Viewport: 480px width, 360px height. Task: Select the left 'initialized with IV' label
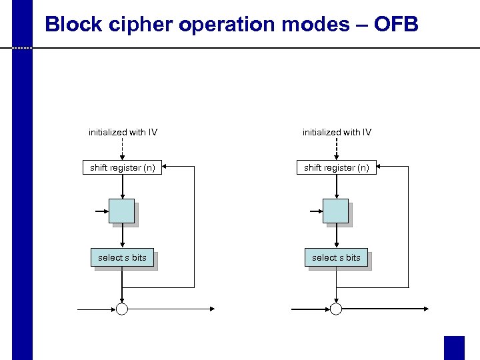(x=123, y=132)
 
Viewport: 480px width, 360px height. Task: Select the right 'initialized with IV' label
(x=337, y=132)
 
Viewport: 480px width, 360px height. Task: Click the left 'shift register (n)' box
(x=123, y=168)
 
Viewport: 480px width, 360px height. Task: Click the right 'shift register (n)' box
(x=337, y=168)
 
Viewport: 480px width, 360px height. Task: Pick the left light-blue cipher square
(x=121, y=211)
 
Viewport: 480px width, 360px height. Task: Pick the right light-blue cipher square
(x=335, y=211)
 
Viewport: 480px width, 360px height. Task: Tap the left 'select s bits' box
(x=121, y=257)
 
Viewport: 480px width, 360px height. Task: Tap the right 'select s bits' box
(x=336, y=257)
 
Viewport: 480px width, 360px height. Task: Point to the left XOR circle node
(x=122, y=309)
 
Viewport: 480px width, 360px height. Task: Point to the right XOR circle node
(x=336, y=309)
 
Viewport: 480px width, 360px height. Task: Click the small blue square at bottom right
(x=454, y=347)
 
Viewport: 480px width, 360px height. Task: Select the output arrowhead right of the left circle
(x=211, y=309)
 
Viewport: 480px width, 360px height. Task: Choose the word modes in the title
(x=304, y=25)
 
